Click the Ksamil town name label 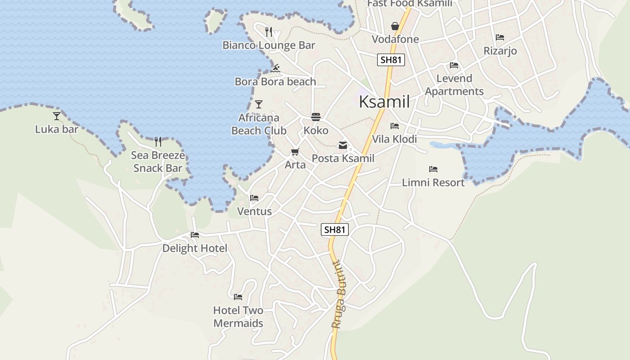click(x=384, y=102)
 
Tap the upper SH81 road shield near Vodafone click(x=391, y=60)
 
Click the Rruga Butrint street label click(x=339, y=295)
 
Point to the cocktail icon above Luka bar click(x=57, y=116)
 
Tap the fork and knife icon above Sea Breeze click(x=158, y=142)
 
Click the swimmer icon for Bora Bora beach click(x=276, y=68)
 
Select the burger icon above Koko click(x=316, y=117)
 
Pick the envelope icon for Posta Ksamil click(x=343, y=145)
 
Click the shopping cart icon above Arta click(x=295, y=152)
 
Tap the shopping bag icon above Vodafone click(x=395, y=26)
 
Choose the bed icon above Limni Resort click(x=433, y=169)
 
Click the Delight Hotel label click(x=195, y=248)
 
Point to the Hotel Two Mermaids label click(x=238, y=317)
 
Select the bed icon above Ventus click(x=254, y=198)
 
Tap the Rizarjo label click(x=500, y=51)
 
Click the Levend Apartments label click(x=454, y=85)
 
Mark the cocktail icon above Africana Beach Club click(x=259, y=104)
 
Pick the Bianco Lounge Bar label click(x=269, y=45)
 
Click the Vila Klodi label click(x=394, y=139)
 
